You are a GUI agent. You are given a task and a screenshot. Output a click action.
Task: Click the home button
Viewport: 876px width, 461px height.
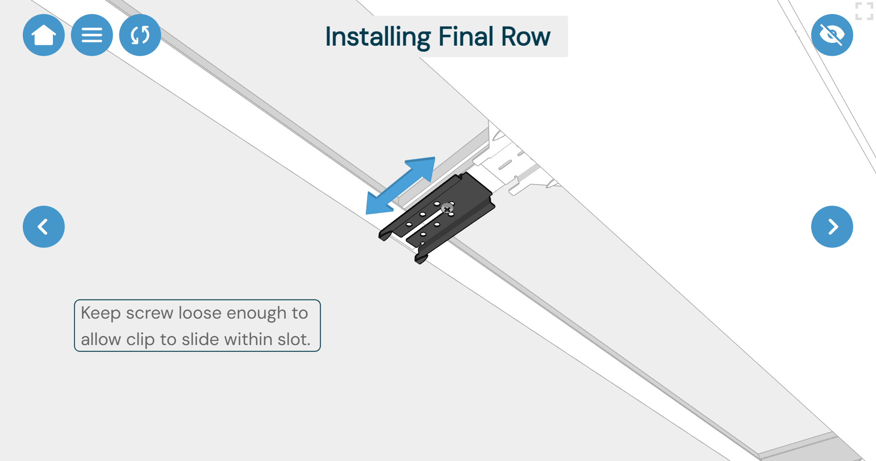point(44,35)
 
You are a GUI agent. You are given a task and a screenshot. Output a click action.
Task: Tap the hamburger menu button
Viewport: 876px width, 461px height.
point(92,35)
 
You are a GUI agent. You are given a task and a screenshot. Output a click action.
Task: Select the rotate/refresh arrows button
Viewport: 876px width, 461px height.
point(140,35)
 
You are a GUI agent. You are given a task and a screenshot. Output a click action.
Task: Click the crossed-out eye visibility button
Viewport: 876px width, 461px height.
point(832,35)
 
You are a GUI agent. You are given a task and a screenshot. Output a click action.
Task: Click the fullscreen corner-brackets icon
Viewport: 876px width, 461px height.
point(864,11)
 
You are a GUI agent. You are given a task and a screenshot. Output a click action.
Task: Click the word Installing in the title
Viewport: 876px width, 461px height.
point(378,37)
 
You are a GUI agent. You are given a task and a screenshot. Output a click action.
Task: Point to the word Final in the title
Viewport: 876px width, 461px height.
point(466,37)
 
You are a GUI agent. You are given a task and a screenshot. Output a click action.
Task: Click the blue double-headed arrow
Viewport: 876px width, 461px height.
point(400,186)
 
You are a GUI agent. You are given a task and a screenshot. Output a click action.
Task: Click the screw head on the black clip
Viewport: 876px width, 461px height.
point(447,209)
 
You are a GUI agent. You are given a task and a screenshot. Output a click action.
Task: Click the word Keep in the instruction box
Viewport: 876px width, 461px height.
point(101,313)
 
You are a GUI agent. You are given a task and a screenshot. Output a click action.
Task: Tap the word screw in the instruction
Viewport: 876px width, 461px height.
point(150,313)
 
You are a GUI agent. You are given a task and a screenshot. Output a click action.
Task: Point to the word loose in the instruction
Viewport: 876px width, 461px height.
point(200,313)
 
